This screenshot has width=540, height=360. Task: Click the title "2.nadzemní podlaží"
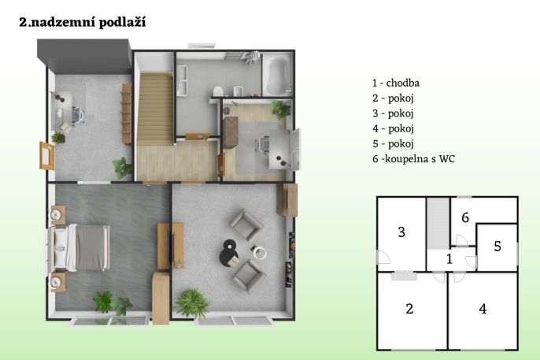(83, 22)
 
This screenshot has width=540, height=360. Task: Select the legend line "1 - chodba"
(396, 83)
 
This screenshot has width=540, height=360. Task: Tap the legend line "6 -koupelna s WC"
(413, 159)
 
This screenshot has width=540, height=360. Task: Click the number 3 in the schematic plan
(401, 232)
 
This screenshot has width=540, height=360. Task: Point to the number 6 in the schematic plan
(465, 217)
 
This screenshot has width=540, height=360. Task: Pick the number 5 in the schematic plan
(497, 246)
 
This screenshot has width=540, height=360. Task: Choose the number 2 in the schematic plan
(409, 309)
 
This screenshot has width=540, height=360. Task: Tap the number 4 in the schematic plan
(483, 309)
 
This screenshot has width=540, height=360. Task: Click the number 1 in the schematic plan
(449, 258)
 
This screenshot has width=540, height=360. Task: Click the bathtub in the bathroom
(276, 76)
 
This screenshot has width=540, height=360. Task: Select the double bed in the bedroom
(80, 247)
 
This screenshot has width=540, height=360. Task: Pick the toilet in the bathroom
(217, 91)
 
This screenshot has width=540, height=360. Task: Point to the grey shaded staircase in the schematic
(438, 223)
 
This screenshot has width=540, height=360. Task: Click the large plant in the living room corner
(192, 303)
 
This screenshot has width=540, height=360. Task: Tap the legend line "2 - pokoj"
(393, 98)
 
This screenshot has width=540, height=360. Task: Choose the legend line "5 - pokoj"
(393, 143)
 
